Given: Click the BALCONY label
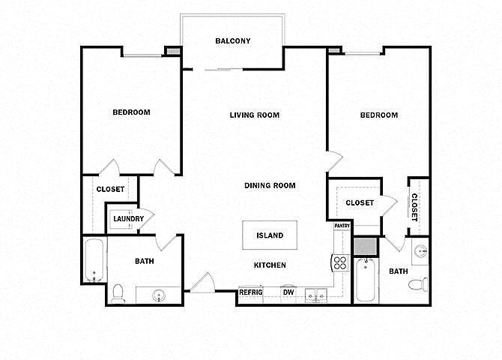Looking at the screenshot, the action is [232, 41].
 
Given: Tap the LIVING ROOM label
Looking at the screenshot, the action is [254, 115].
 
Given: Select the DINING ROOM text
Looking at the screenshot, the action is [270, 185].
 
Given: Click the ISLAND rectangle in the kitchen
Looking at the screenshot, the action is [270, 235].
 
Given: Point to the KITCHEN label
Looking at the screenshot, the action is [269, 265].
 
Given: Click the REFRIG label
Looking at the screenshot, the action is [250, 292].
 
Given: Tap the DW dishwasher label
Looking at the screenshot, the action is [288, 292].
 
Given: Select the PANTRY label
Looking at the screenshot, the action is [342, 225].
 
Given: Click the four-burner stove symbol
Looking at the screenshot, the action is [339, 262].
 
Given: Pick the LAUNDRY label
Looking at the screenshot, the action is [128, 219].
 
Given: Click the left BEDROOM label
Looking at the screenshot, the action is [131, 112].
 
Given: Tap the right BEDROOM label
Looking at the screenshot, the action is [378, 115].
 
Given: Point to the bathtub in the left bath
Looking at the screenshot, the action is [94, 260].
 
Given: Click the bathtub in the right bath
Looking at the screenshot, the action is [365, 279].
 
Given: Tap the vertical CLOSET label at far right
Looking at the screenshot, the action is [414, 206].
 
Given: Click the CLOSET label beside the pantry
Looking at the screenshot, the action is [360, 202].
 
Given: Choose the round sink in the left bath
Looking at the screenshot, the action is [159, 295].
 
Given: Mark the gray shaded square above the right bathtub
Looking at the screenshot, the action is [365, 246].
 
